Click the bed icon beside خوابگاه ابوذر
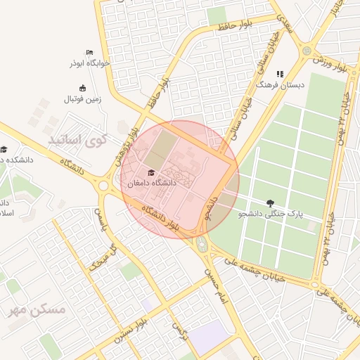[x=89, y=53]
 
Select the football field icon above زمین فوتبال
[x=83, y=89]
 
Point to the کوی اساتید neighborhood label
[x=77, y=140]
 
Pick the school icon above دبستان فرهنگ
[x=280, y=73]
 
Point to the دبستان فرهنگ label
[x=281, y=84]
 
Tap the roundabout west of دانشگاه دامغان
[x=103, y=186]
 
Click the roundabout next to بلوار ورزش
[x=306, y=51]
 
